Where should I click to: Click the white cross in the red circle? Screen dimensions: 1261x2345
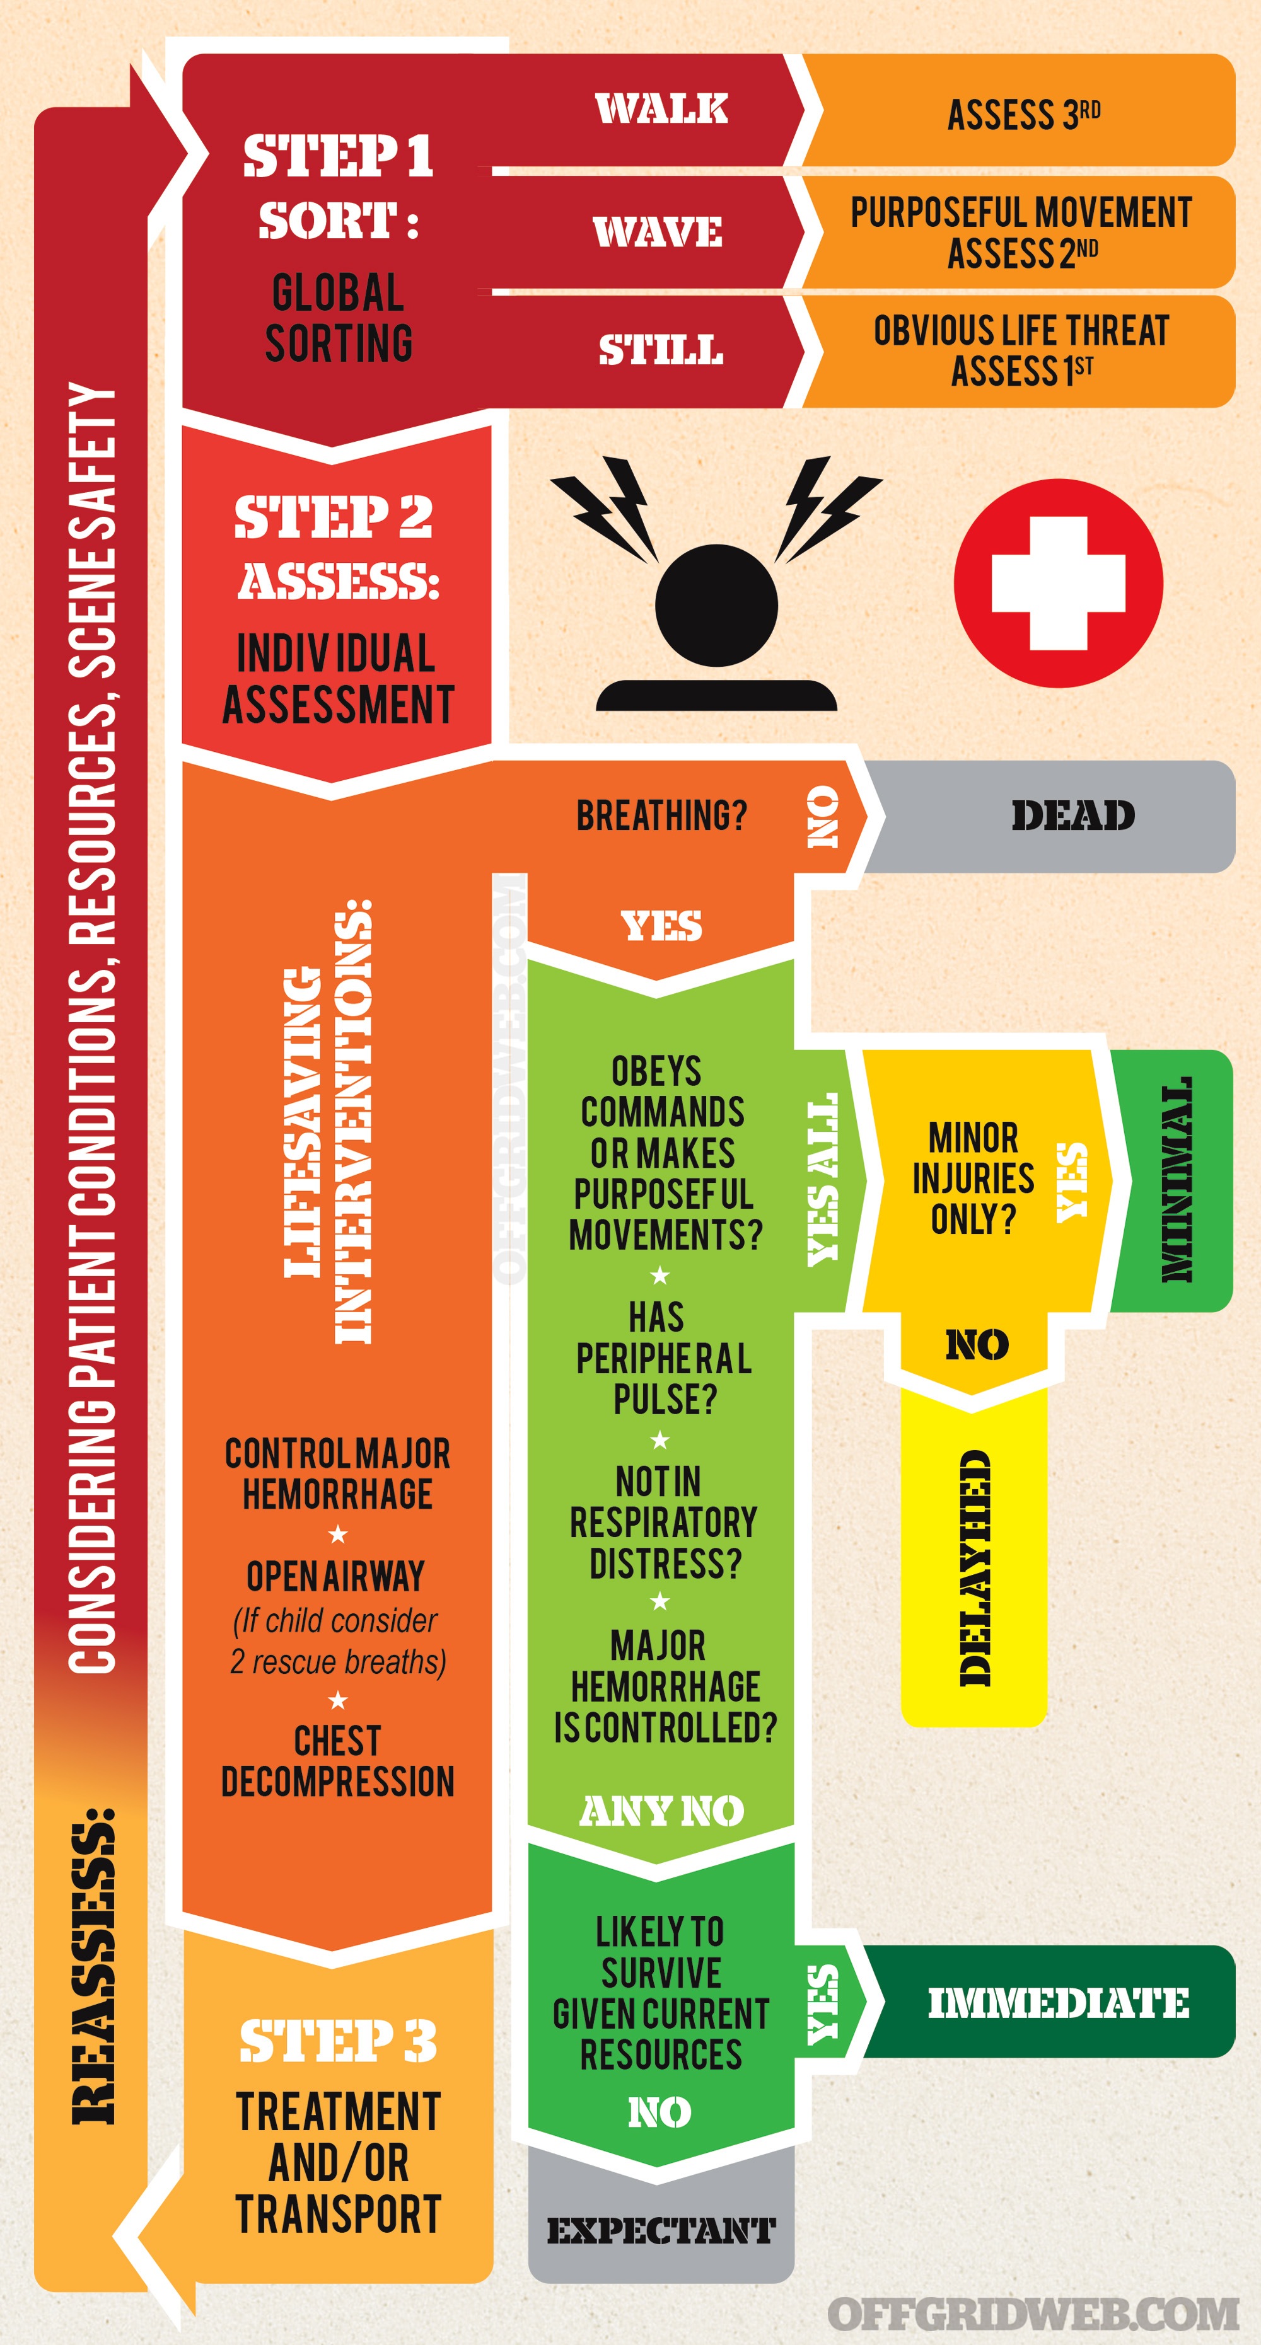(x=1058, y=584)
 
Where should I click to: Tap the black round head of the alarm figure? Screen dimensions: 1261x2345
(x=716, y=604)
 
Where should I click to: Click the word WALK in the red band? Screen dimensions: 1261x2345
(x=662, y=108)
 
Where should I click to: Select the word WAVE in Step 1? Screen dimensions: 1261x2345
(x=658, y=231)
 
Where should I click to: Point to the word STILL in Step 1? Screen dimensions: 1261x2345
(x=661, y=350)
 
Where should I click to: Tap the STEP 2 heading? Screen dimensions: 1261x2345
(x=334, y=516)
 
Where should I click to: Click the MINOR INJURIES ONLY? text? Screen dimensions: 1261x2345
(x=973, y=1178)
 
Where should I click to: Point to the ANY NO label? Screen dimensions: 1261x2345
(x=662, y=1811)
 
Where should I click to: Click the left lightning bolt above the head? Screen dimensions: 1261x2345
(x=605, y=508)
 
